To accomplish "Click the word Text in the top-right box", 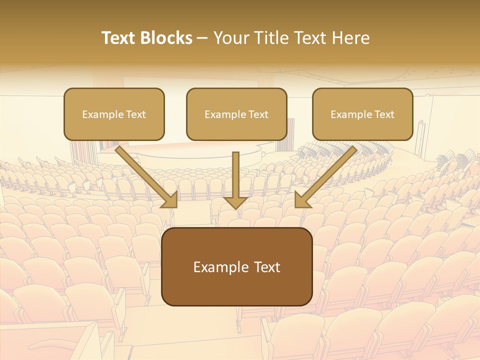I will click(x=384, y=114).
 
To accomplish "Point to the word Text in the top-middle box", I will click(x=258, y=114).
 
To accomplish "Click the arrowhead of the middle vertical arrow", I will click(x=235, y=202).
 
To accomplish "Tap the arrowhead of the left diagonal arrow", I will click(x=170, y=200).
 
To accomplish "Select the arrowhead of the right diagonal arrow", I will click(x=302, y=200).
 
